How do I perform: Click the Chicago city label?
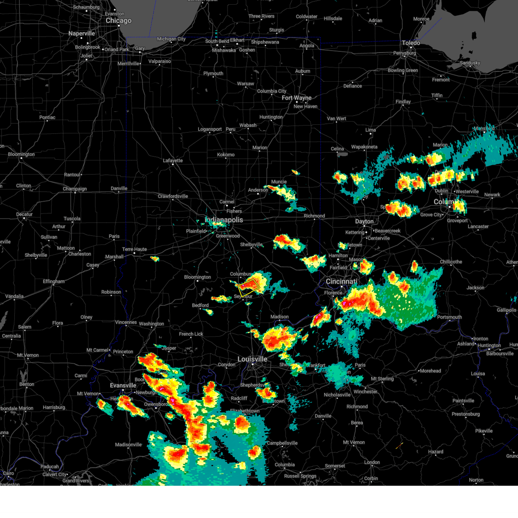coord(118,21)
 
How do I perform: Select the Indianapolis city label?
coord(224,220)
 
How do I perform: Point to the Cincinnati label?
coord(341,281)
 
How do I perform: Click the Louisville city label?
coord(252,359)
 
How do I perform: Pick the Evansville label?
coord(123,385)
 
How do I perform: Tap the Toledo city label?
coord(411,43)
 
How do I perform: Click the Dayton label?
coord(364,221)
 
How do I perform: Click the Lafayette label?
coord(173,161)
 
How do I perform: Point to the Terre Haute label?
coord(134,250)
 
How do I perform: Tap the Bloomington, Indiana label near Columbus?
coord(197,277)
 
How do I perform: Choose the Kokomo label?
coord(226,155)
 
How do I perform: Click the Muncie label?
coord(279,182)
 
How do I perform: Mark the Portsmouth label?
coord(449,317)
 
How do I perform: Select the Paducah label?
coord(50,467)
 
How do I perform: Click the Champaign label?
coord(75,189)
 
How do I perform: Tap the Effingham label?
coord(54,281)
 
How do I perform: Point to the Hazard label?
coord(436,452)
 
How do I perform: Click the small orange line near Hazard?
coord(399,445)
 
